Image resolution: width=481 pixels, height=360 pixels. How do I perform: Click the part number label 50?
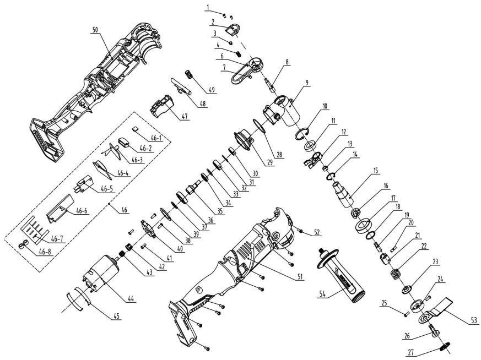(x=96, y=30)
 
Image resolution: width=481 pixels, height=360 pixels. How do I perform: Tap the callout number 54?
(x=322, y=294)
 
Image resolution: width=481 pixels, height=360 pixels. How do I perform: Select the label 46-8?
(x=45, y=253)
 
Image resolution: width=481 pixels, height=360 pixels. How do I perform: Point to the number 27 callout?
(x=411, y=352)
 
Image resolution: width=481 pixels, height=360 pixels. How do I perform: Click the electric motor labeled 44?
(x=101, y=272)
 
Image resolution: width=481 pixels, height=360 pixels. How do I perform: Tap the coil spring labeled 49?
(x=190, y=75)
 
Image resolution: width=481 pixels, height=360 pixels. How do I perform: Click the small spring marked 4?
(x=238, y=53)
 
